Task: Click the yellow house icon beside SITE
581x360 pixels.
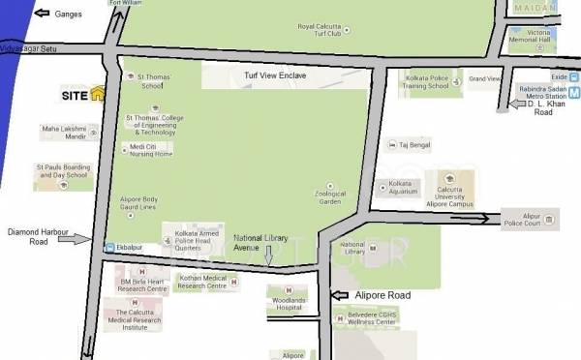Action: click(x=97, y=94)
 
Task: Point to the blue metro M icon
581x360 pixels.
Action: click(x=573, y=94)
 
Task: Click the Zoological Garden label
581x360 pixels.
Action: click(x=330, y=197)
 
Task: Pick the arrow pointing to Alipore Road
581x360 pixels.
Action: click(x=341, y=294)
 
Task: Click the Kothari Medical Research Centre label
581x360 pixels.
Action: click(x=202, y=283)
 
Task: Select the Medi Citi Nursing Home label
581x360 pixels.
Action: click(x=150, y=150)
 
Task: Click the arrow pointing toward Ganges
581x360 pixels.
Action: click(x=42, y=14)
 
